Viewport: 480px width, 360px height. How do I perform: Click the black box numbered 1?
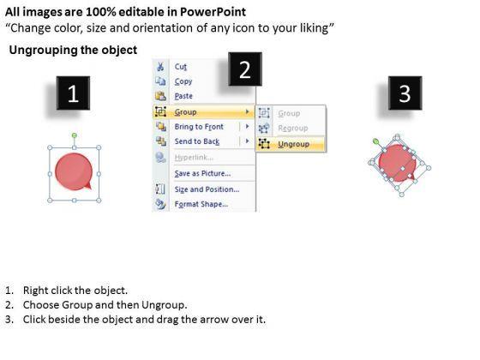[73, 93]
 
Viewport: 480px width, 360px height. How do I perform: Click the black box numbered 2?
[245, 69]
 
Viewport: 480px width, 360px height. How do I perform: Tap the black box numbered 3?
[405, 93]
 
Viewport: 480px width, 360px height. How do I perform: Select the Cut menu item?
[181, 67]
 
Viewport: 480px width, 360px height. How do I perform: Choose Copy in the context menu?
[183, 81]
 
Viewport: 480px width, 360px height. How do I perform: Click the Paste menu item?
[183, 96]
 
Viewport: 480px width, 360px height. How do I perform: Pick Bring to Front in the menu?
[199, 127]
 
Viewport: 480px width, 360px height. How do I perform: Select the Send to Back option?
[197, 141]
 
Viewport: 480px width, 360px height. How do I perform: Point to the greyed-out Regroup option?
[293, 129]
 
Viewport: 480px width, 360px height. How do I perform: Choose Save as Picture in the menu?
[202, 173]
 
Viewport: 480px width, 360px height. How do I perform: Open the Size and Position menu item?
[207, 189]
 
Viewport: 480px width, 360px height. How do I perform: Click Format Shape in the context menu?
[201, 204]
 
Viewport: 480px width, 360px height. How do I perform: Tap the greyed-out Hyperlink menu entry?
[194, 158]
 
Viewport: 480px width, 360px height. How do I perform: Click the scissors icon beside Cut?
[160, 67]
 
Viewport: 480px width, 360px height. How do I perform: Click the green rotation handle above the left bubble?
[74, 135]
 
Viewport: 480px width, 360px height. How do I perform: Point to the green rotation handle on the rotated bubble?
[376, 141]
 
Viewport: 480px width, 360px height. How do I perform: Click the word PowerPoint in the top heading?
[213, 12]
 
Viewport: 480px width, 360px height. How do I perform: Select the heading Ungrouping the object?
[73, 50]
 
